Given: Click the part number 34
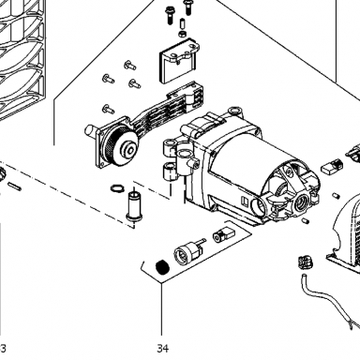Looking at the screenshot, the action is (x=163, y=348).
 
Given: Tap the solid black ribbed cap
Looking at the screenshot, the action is (x=162, y=267).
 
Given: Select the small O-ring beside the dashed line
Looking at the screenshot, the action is (x=117, y=188).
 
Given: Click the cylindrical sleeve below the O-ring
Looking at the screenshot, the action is (x=134, y=206).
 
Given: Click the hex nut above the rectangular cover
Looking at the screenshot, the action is (x=183, y=34).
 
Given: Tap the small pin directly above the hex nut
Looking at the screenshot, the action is (x=182, y=23).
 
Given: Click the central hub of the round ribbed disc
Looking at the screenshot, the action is (x=129, y=150).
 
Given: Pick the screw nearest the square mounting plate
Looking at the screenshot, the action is (x=109, y=109).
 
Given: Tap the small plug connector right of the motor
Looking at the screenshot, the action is (x=331, y=167).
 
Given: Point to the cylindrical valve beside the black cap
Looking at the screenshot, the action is (x=187, y=252).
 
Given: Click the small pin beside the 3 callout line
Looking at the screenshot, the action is (x=15, y=186).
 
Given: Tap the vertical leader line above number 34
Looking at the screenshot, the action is (x=161, y=308).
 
